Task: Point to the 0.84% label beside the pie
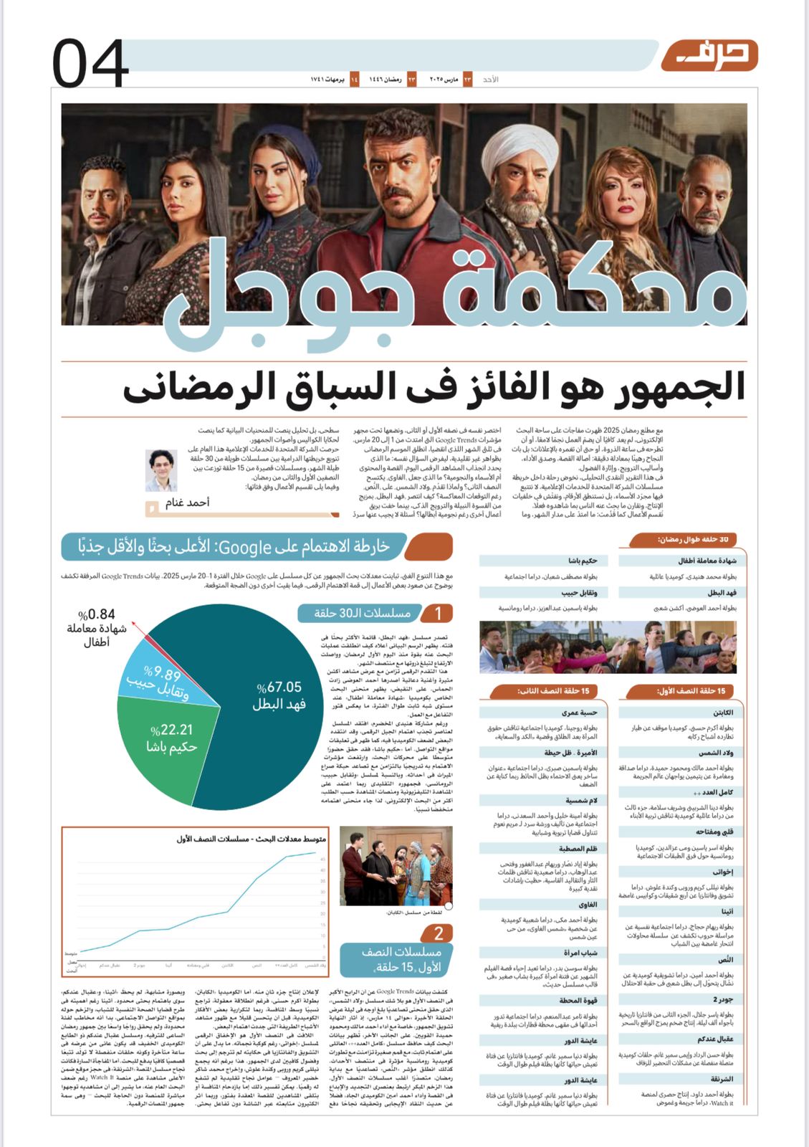tap(97, 614)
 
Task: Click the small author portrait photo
tap(161, 470)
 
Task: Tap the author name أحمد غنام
tap(188, 502)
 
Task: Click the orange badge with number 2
tap(439, 933)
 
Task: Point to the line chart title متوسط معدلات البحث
tap(252, 839)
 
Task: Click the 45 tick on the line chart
tap(323, 860)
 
